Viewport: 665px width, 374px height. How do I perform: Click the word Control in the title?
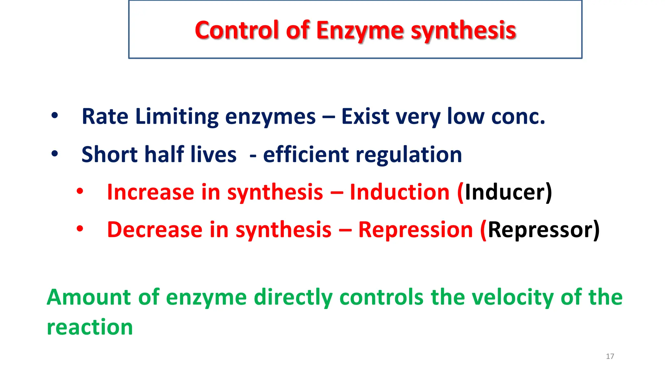pos(237,30)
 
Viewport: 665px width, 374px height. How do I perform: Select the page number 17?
pos(610,356)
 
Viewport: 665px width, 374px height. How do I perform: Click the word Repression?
pos(415,230)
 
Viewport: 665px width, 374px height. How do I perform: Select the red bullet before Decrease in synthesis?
pos(80,229)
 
